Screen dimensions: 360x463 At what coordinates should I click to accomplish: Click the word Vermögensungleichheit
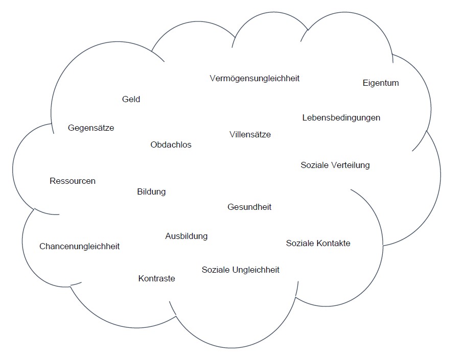254,78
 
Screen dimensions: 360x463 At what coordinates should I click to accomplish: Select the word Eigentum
381,83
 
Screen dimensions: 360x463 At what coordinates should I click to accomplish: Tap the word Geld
131,99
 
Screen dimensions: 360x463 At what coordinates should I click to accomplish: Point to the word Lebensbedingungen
341,117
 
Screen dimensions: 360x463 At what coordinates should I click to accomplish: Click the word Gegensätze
91,128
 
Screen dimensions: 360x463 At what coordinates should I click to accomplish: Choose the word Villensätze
250,135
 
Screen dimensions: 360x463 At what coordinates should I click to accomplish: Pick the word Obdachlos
171,145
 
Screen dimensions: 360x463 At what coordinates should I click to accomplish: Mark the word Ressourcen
73,181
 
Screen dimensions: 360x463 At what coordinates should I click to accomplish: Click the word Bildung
151,192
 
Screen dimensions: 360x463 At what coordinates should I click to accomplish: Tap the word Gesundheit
249,207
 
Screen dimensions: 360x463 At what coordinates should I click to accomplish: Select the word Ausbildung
187,236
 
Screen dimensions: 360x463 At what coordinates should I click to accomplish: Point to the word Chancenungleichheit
80,246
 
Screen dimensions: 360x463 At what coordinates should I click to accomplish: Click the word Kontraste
156,278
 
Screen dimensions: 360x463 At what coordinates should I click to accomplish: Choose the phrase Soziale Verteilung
335,165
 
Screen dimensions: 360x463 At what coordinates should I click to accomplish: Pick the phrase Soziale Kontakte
318,243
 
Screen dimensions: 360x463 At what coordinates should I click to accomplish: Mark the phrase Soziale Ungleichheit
240,270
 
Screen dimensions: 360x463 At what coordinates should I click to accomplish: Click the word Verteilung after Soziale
350,165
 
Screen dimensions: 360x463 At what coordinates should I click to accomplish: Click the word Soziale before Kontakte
300,243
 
